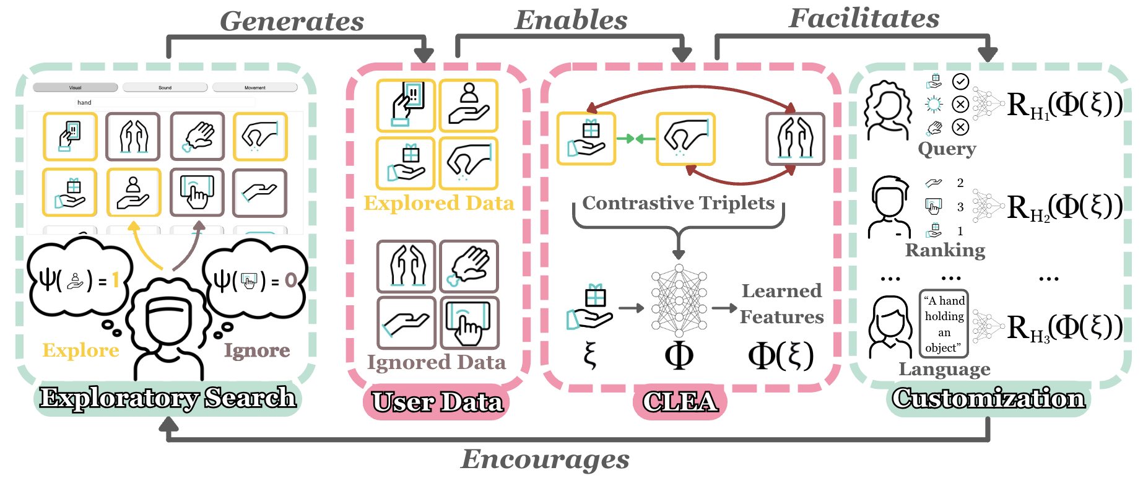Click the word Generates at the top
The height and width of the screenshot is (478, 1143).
click(x=292, y=22)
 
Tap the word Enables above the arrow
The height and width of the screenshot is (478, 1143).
click(x=571, y=20)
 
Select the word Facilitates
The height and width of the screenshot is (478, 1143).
click(x=864, y=19)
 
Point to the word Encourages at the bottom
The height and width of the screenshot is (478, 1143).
click(x=545, y=459)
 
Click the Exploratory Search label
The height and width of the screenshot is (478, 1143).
click(x=168, y=398)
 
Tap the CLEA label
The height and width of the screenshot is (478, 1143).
click(x=680, y=402)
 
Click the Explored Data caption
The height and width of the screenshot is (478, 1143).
click(x=438, y=203)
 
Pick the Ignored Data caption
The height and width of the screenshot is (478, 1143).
click(x=437, y=362)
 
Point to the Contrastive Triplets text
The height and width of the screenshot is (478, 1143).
click(x=679, y=203)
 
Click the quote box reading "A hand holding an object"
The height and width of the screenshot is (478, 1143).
click(x=944, y=324)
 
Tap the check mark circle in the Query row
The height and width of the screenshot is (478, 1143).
click(x=960, y=81)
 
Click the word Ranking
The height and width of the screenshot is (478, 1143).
click(x=945, y=250)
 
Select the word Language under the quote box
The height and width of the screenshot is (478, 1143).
click(x=944, y=370)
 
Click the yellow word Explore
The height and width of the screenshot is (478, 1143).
click(x=80, y=350)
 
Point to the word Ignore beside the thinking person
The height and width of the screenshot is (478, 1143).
click(x=257, y=350)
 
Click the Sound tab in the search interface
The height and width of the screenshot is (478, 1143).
click(x=165, y=87)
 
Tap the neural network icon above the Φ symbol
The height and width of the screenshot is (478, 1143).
click(x=679, y=300)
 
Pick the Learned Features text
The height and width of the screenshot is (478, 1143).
click(x=782, y=304)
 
